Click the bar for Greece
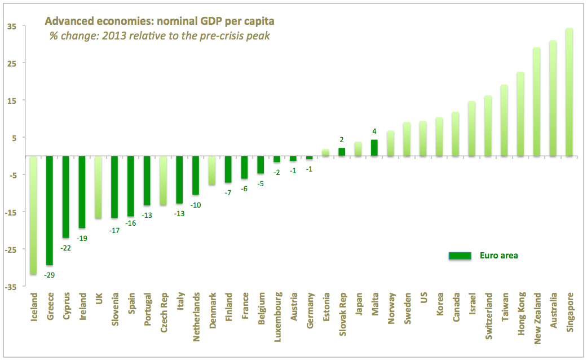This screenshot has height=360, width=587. pos(49,210)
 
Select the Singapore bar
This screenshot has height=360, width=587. pos(569,92)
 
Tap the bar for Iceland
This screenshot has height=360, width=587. pos(33,215)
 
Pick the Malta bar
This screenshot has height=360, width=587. pos(374,147)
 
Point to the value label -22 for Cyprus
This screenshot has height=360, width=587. pos(65,248)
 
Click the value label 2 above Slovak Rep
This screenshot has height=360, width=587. pos(341,140)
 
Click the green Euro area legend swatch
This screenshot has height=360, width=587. pos(459,256)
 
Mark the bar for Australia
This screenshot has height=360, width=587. pos(553,98)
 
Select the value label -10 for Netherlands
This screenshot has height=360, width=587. pos(195,205)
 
